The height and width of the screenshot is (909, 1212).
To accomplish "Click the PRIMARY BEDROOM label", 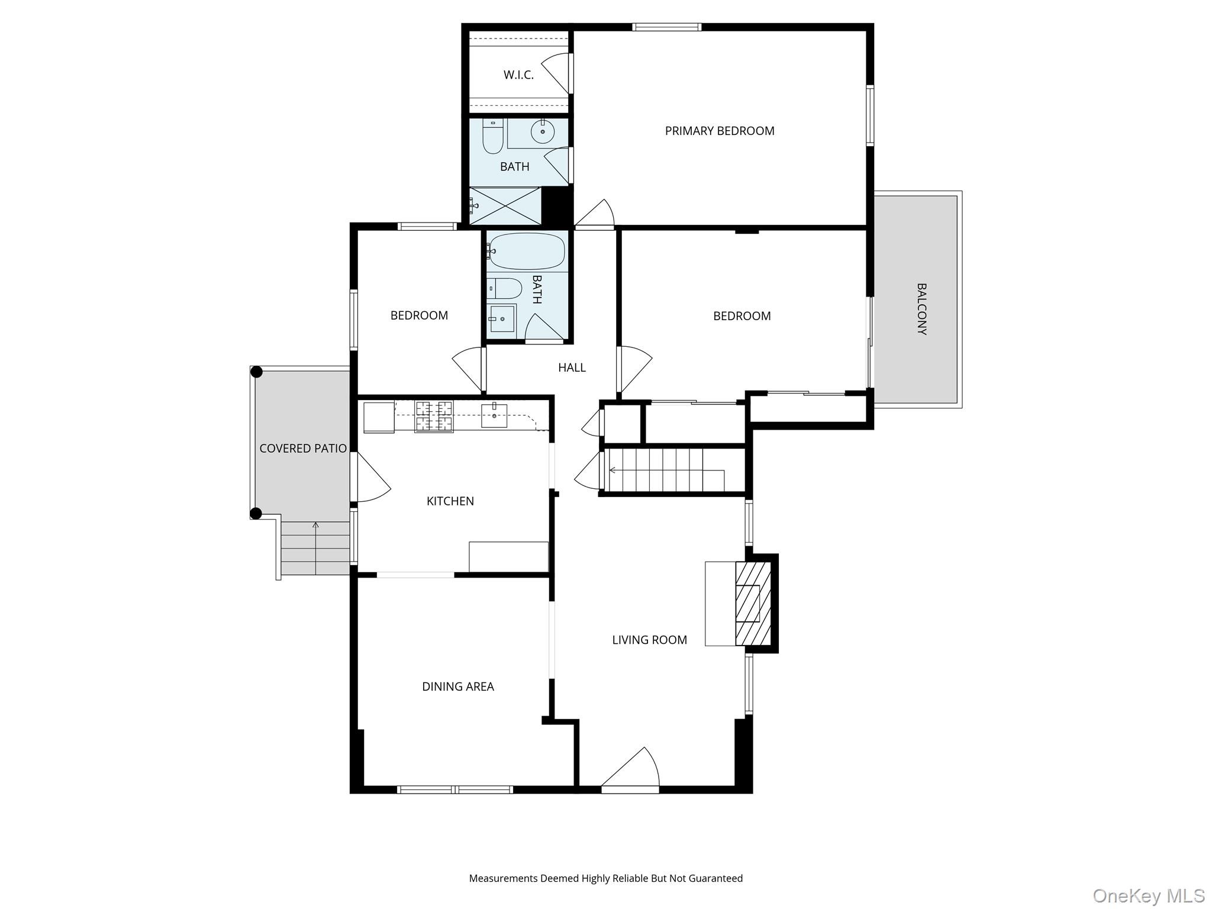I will (x=719, y=131).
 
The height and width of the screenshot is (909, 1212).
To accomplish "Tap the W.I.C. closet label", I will (x=518, y=75).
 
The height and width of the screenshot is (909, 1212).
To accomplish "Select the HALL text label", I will (x=572, y=368).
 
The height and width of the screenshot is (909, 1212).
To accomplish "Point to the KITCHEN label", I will (x=450, y=501).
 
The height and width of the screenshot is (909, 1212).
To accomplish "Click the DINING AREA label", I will (x=457, y=686).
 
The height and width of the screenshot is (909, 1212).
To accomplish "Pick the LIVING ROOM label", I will (x=649, y=640).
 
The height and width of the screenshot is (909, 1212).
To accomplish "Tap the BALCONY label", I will (x=921, y=309).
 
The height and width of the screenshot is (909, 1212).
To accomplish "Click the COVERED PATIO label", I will (x=302, y=449).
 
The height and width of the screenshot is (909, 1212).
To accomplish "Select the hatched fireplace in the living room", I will (x=753, y=603).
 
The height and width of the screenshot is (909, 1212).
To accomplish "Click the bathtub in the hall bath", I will (x=527, y=252).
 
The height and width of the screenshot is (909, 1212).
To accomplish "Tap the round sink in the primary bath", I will (x=542, y=131).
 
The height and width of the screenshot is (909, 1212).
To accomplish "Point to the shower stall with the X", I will (x=505, y=206).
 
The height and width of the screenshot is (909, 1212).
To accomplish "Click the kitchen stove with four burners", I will (x=434, y=416).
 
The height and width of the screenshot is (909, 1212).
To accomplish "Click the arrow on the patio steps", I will (x=315, y=526).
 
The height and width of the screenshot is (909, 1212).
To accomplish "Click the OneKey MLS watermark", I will (x=1148, y=895).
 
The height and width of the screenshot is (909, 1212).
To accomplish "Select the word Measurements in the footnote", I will (x=502, y=878).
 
